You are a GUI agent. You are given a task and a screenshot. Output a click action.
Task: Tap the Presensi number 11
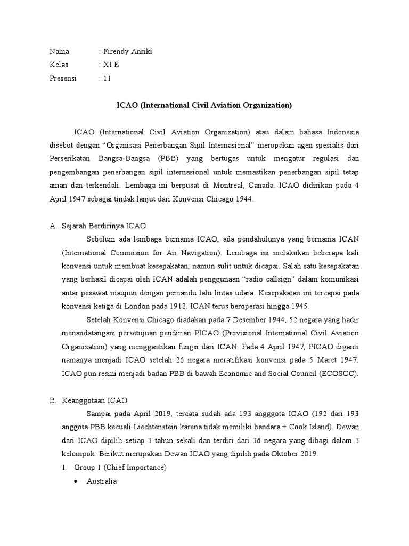pyautogui.click(x=107, y=78)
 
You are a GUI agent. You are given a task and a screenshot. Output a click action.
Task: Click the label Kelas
pyautogui.click(x=59, y=65)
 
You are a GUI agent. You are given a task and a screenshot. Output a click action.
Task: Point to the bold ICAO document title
pyautogui.click(x=204, y=105)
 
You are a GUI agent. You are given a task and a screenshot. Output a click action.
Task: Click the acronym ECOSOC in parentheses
pyautogui.click(x=339, y=373)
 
